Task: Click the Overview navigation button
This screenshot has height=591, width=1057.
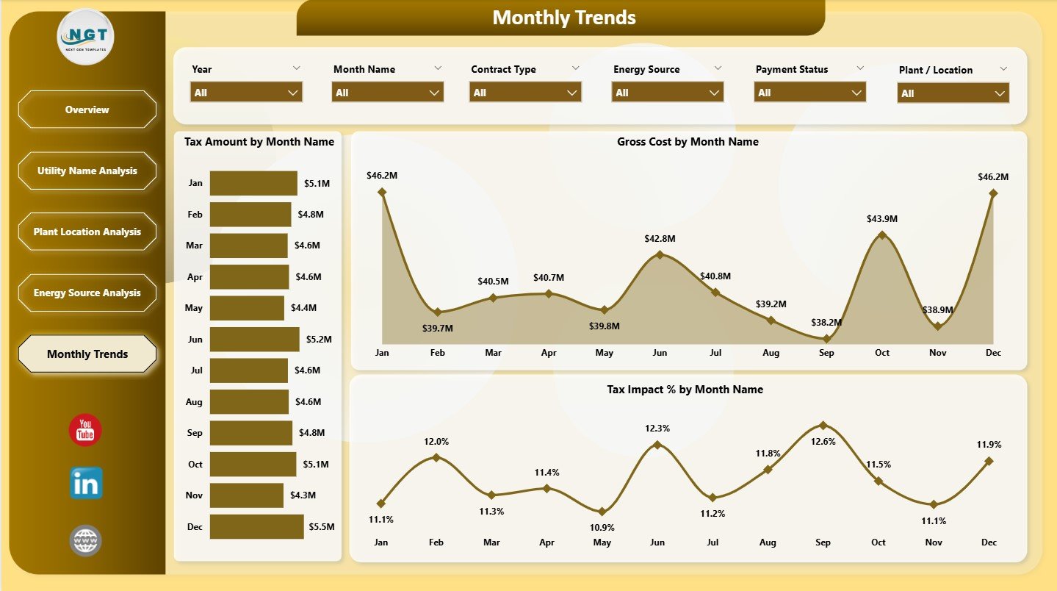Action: (x=87, y=110)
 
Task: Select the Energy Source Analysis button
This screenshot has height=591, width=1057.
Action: (x=87, y=293)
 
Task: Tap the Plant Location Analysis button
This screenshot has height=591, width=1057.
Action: (x=87, y=232)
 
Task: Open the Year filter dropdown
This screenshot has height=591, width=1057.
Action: (x=246, y=93)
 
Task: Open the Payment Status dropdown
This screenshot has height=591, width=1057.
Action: (x=809, y=93)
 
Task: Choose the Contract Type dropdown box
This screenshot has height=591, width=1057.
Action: (x=525, y=93)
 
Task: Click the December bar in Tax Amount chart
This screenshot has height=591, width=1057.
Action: (x=256, y=526)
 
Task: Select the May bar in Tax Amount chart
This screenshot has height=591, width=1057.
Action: (x=247, y=308)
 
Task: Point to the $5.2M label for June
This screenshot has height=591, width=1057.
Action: (x=319, y=340)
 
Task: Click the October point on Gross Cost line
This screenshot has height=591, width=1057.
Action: (x=882, y=235)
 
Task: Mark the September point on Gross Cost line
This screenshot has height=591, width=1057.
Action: (x=826, y=339)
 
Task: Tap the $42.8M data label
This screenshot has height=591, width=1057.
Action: (x=660, y=239)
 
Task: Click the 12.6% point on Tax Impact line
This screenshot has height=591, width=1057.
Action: (x=823, y=425)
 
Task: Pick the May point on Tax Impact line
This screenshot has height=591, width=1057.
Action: (x=602, y=511)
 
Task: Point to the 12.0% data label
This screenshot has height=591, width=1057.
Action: (x=436, y=441)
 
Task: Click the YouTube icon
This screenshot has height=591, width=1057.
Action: (x=85, y=430)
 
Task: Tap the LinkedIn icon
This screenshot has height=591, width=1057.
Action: (x=86, y=483)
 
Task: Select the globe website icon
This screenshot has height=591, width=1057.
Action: (x=85, y=540)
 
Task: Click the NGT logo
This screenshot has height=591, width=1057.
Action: (x=86, y=37)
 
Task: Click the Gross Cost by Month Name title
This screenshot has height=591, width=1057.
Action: (x=688, y=142)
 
